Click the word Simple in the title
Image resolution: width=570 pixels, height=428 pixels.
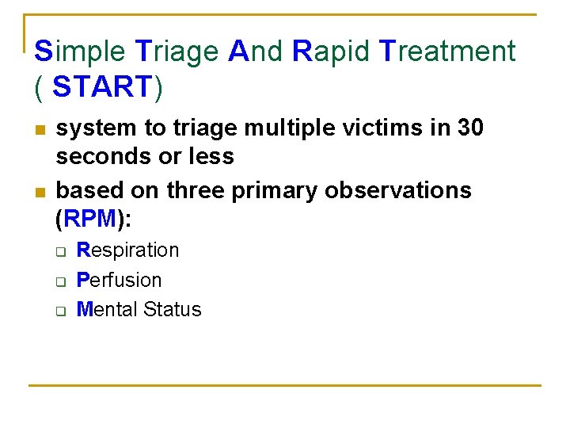click(x=79, y=52)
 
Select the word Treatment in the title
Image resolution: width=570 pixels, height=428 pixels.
click(x=448, y=52)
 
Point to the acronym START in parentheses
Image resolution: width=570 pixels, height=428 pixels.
click(x=101, y=87)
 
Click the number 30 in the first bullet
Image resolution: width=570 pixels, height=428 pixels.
click(x=468, y=128)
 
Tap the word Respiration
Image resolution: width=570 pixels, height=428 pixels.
click(x=127, y=250)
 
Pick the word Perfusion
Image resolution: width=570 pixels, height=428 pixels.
click(x=119, y=280)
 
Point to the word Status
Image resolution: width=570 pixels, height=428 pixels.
click(x=173, y=309)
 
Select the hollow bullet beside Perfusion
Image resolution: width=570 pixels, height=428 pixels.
click(x=59, y=281)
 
